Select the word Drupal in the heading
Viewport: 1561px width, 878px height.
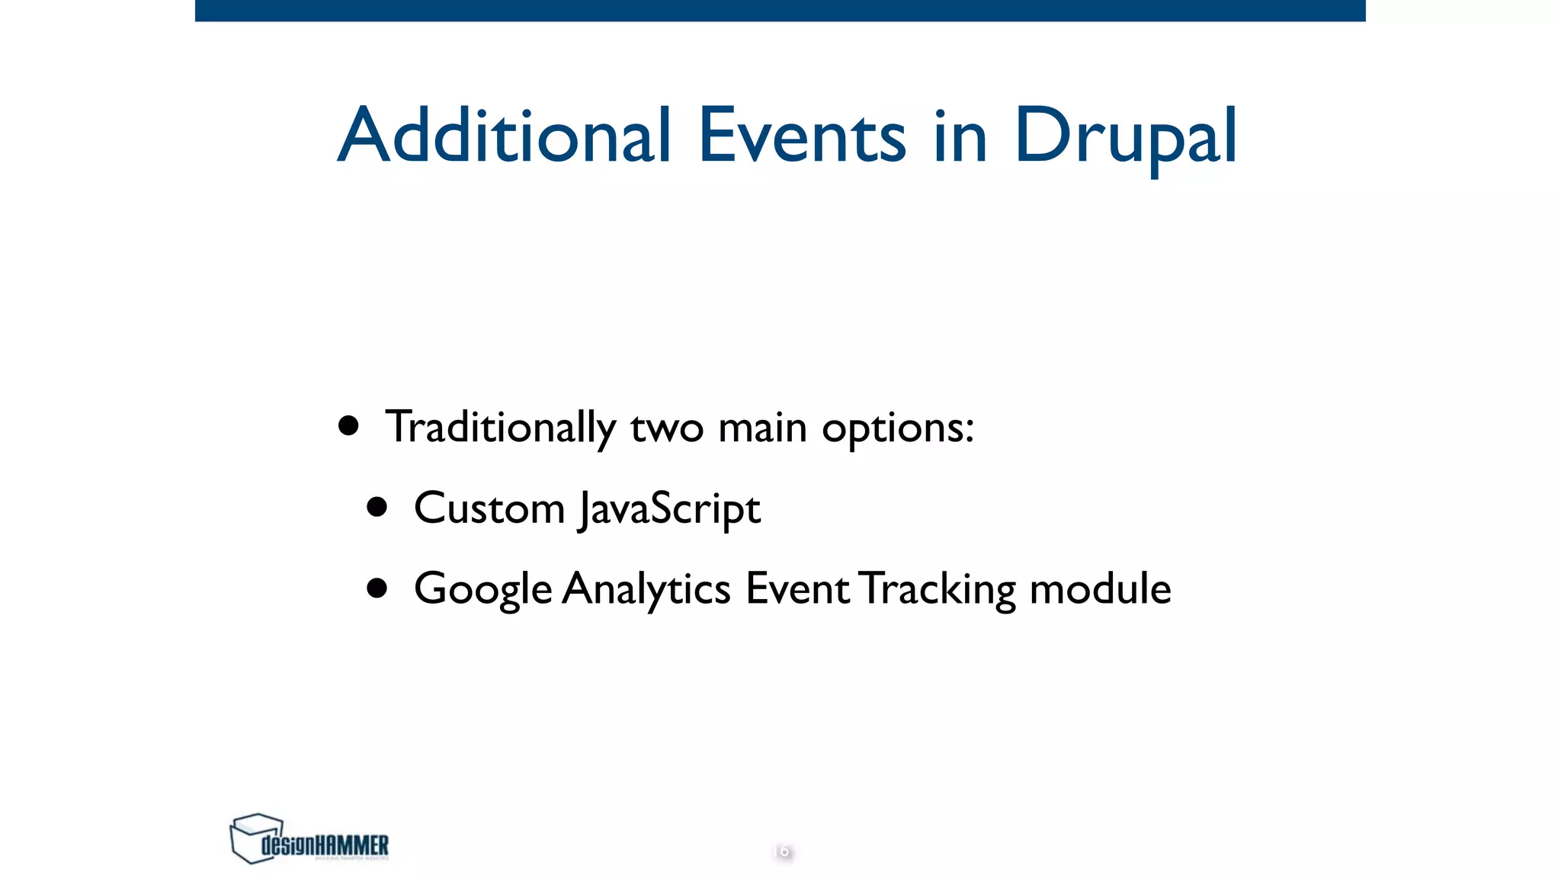1125,137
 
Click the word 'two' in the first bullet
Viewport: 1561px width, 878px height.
666,428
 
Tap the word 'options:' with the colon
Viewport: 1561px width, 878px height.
897,428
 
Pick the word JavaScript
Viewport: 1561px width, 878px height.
669,509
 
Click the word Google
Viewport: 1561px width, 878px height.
482,589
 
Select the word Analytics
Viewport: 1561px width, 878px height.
646,589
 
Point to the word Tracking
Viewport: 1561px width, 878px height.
938,589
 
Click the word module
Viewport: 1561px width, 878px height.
1100,589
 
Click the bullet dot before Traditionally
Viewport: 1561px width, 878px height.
348,426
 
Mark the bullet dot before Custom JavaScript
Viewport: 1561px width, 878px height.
377,507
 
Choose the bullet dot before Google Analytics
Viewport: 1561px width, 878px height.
377,588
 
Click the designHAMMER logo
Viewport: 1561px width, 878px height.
309,839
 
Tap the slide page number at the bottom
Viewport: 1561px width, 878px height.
782,851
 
